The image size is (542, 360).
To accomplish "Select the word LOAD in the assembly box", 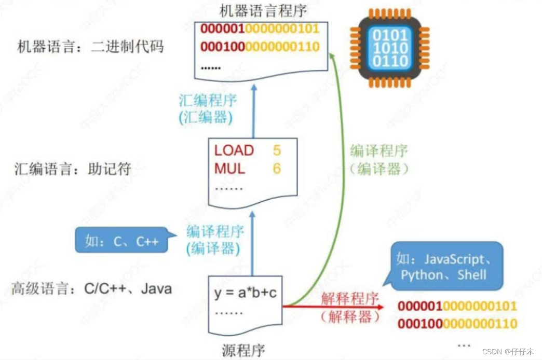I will (x=234, y=150).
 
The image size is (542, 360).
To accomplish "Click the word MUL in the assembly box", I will (x=229, y=169).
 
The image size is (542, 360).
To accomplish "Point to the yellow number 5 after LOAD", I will (x=277, y=150).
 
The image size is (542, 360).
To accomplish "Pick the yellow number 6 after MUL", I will (x=277, y=169).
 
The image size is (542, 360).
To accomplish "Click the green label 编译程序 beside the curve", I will (x=378, y=151).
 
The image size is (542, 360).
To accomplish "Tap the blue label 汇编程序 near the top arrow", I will (x=206, y=100).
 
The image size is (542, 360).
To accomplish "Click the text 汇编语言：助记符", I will (x=73, y=169).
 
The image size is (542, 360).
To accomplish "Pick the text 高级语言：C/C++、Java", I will (x=91, y=288).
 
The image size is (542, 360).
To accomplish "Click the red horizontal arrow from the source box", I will (x=332, y=307).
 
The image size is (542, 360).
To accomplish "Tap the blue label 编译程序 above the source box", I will (x=215, y=231).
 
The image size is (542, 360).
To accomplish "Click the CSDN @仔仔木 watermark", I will (x=508, y=351).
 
